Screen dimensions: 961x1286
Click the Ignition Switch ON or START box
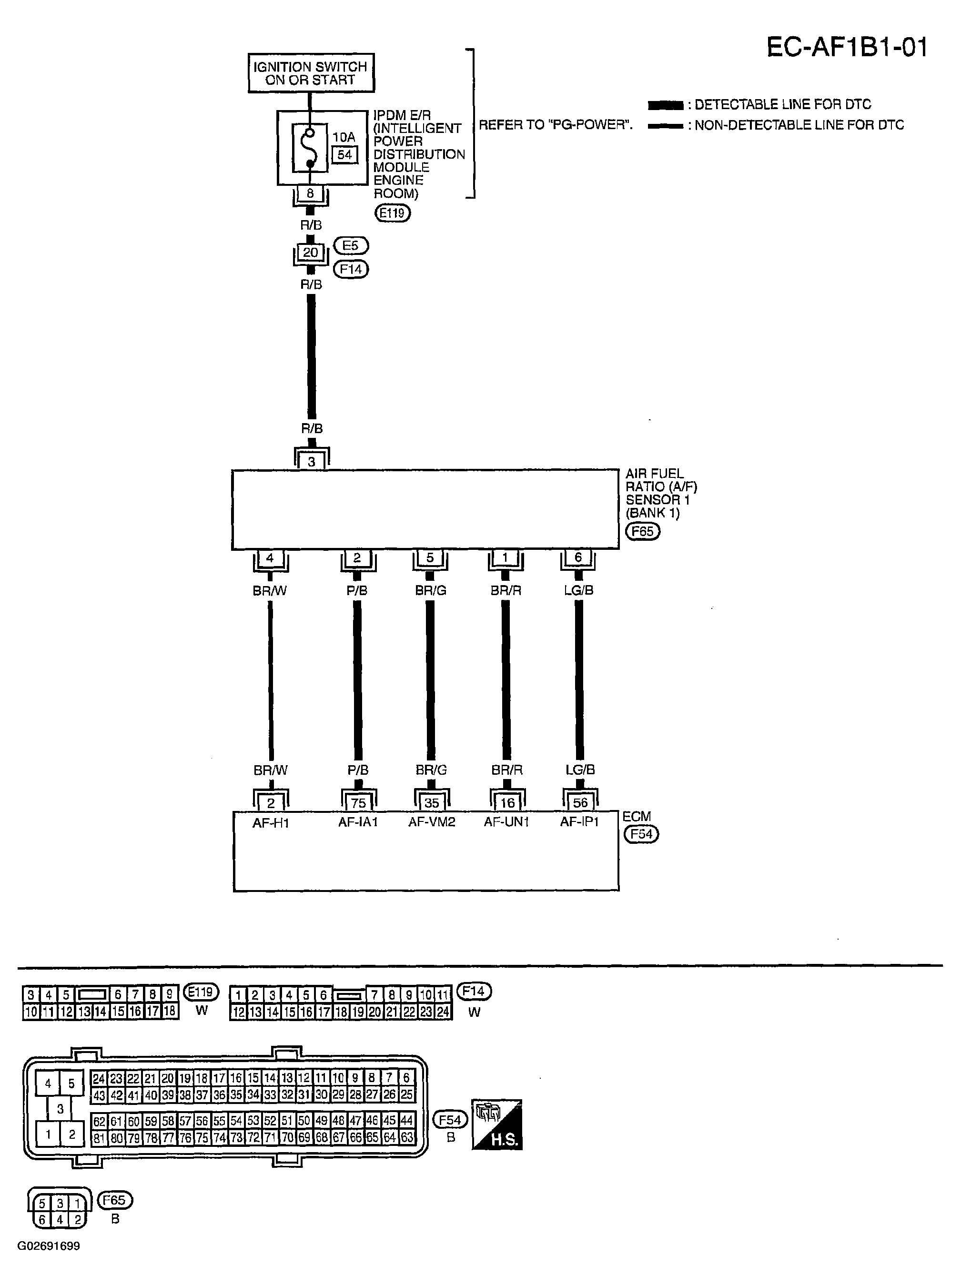pyautogui.click(x=311, y=73)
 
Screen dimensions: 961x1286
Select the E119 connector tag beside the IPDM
pyautogui.click(x=393, y=213)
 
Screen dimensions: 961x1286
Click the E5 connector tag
pyautogui.click(x=351, y=245)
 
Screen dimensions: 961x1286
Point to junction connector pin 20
pyautogui.click(x=311, y=253)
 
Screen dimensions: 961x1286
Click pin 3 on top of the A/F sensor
pyautogui.click(x=312, y=462)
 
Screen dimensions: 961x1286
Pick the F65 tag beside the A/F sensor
pyautogui.click(x=642, y=531)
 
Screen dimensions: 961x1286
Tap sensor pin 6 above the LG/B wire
pyautogui.click(x=578, y=557)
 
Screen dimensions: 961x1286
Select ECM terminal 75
pyautogui.click(x=358, y=803)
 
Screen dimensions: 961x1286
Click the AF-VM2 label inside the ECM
pyautogui.click(x=431, y=821)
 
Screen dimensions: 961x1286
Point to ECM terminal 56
pyautogui.click(x=580, y=803)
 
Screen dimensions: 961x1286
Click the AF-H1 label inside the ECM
pyautogui.click(x=271, y=823)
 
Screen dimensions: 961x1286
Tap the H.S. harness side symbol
pyautogui.click(x=497, y=1124)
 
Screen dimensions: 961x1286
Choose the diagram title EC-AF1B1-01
pyautogui.click(x=847, y=47)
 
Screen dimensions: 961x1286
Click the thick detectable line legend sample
pyautogui.click(x=665, y=105)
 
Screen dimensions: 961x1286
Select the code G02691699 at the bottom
pyautogui.click(x=49, y=1246)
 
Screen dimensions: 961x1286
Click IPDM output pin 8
pyautogui.click(x=310, y=193)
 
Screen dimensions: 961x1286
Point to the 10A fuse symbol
pyautogui.click(x=310, y=148)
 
